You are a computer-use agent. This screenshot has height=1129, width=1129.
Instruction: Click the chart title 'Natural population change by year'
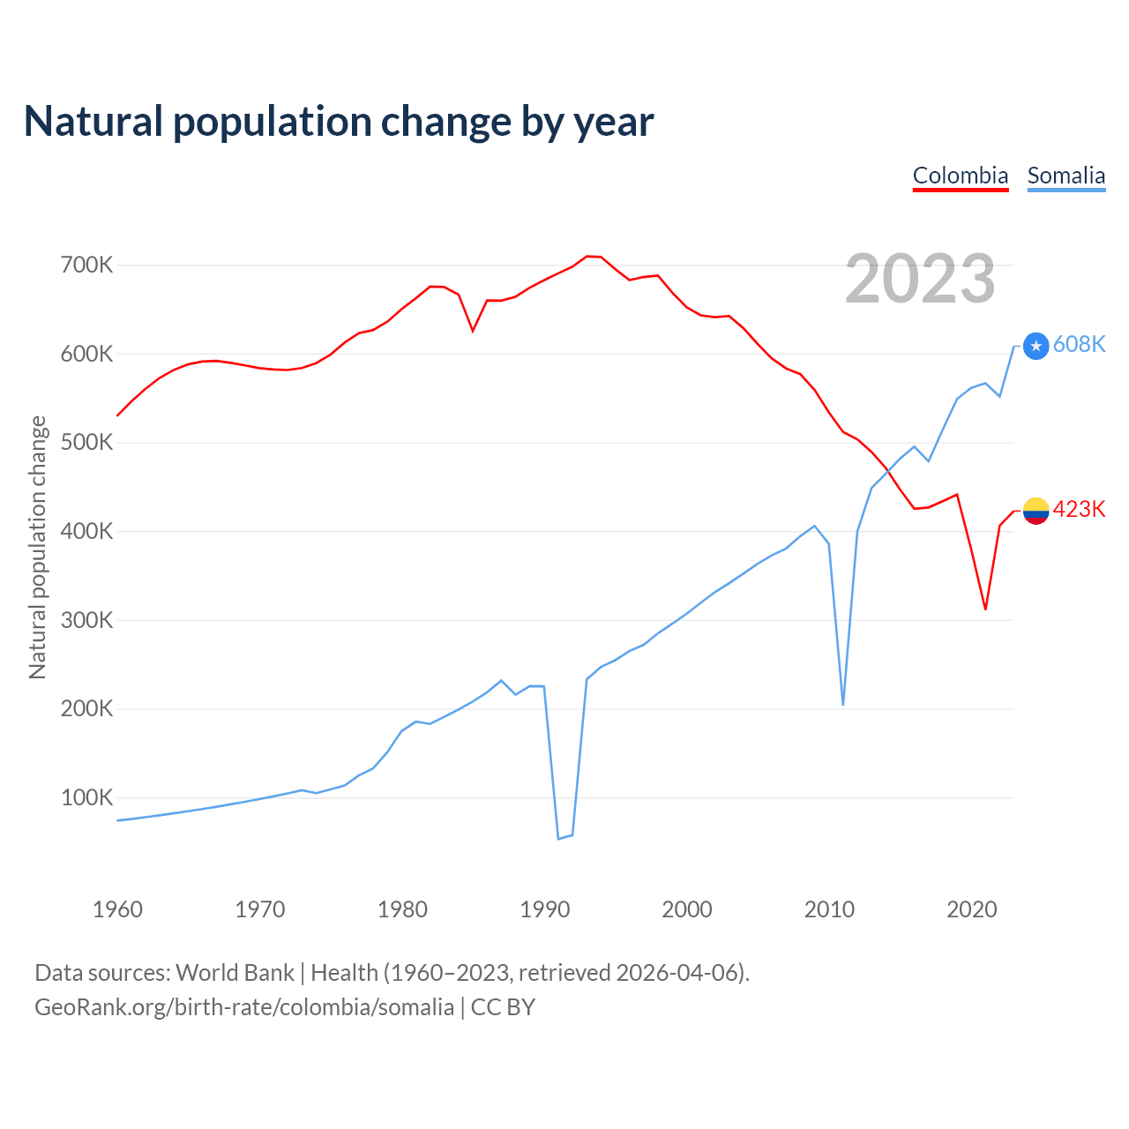pos(339,122)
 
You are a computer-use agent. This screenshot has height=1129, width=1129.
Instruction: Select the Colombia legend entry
pos(960,176)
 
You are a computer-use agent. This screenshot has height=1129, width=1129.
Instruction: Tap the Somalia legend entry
pos(1065,176)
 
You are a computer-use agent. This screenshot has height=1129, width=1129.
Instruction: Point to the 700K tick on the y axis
pos(87,265)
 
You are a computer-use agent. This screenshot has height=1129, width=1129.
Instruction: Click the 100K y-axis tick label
pos(87,797)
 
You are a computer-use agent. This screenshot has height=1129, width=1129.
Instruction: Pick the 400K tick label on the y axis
pos(87,531)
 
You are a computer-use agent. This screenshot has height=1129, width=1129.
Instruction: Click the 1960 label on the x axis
pos(117,909)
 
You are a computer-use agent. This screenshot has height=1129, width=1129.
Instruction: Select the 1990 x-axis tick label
pos(545,909)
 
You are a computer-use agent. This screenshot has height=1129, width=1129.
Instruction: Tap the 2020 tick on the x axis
pos(972,909)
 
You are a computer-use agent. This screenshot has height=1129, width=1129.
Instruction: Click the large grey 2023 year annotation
pos(920,279)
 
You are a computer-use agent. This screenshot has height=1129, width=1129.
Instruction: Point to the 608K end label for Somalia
pos(1079,344)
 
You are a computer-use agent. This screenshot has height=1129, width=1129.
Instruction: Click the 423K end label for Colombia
pos(1079,509)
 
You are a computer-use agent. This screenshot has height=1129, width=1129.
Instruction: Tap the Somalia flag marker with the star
pos(1036,346)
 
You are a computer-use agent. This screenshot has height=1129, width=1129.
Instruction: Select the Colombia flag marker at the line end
pos(1036,511)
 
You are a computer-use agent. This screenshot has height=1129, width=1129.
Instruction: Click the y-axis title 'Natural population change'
pos(37,547)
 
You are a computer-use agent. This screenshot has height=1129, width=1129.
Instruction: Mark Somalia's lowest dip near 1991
pos(558,838)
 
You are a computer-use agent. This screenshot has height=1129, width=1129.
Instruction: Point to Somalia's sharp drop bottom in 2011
pos(843,704)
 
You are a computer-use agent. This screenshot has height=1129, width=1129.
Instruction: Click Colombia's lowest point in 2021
pos(985,609)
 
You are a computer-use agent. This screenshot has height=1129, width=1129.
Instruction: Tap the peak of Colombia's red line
pos(587,256)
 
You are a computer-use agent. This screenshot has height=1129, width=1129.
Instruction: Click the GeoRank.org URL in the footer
pos(244,1006)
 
